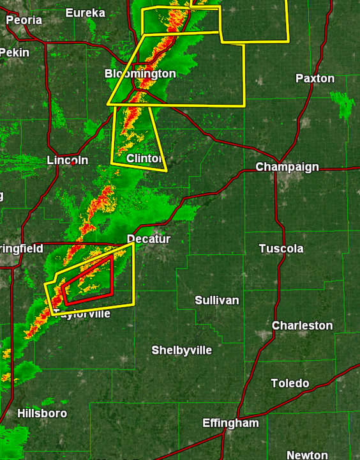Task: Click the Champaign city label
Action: click(287, 167)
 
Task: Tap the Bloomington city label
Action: click(140, 74)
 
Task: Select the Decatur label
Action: click(149, 239)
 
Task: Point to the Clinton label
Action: click(144, 158)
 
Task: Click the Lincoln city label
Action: click(68, 160)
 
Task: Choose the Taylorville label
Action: click(82, 314)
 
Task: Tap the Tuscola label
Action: click(281, 249)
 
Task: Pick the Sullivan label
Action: click(217, 300)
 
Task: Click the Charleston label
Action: click(302, 326)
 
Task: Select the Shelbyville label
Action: click(181, 350)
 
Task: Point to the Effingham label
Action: click(230, 423)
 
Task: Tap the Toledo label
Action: click(290, 383)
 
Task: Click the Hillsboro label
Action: click(41, 413)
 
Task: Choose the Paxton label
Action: click(315, 79)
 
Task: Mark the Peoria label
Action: click(24, 20)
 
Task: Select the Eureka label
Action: click(85, 13)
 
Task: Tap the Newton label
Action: click(307, 455)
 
